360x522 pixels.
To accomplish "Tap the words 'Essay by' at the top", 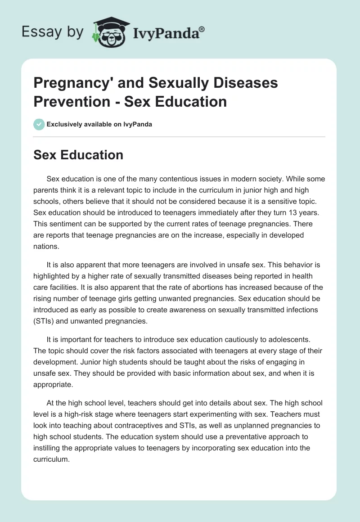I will pyautogui.click(x=53, y=32).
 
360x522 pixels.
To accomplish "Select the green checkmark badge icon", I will pyautogui.click(x=39, y=124).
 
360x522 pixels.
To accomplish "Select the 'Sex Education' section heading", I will pyautogui.click(x=78, y=155).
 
